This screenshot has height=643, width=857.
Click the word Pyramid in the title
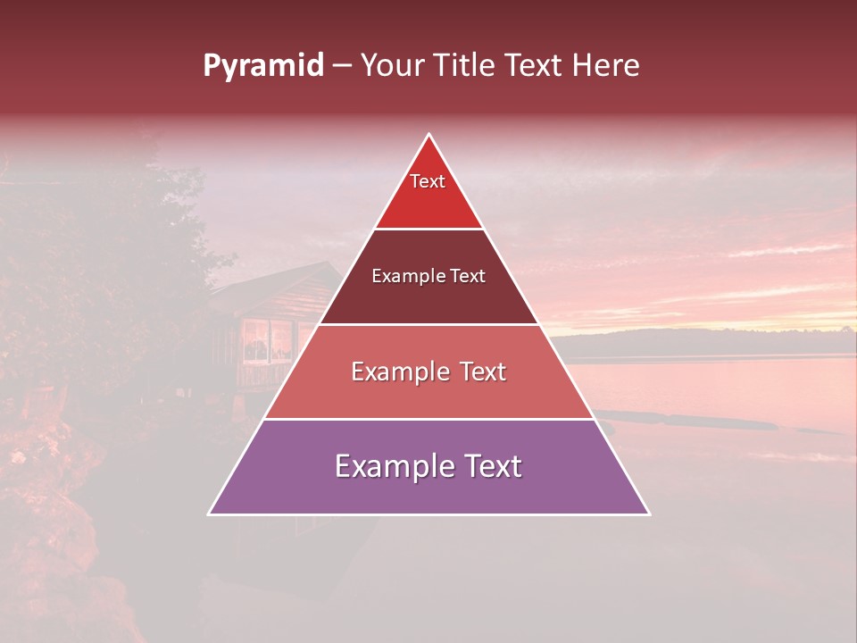[x=262, y=66]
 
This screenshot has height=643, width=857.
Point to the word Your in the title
[x=391, y=66]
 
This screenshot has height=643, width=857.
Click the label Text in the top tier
[x=428, y=181]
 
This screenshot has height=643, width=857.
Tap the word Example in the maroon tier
[x=401, y=277]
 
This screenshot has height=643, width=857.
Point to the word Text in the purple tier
[x=487, y=466]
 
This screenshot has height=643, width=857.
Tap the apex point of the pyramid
[x=428, y=135]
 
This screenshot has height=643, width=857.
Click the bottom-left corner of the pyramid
[x=210, y=514]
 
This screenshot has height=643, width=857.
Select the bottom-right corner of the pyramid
[x=648, y=514]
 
